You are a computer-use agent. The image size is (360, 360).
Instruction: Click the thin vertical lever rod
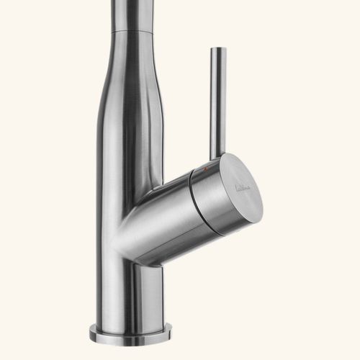pos(217,101)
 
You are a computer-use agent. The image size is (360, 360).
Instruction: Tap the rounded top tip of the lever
pos(217,50)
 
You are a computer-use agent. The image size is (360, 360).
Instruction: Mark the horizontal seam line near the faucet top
pos(135,33)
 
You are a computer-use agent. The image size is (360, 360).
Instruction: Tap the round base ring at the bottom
pos(130,333)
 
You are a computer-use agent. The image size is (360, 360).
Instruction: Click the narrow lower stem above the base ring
pos(130,295)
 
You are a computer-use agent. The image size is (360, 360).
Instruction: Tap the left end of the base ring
pos(92,332)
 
